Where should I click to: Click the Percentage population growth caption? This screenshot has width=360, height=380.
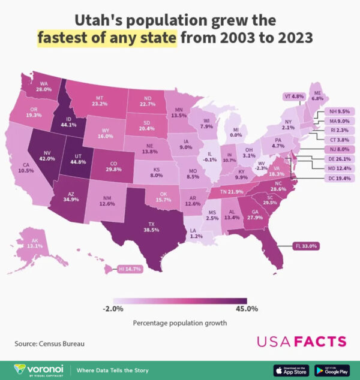point(180,323)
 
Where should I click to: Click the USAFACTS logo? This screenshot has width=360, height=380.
point(301,342)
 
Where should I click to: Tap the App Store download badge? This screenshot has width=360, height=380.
point(290,369)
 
